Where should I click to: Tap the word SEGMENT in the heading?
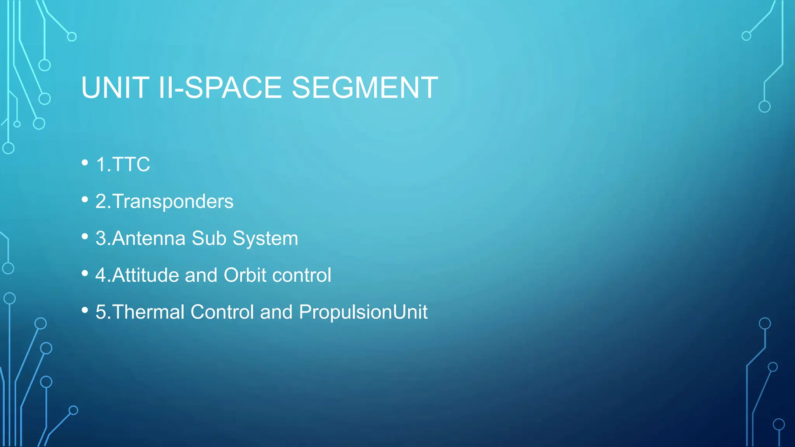point(365,88)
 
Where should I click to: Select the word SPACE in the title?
point(233,88)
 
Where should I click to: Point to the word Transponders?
point(173,201)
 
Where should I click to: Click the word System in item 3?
point(265,238)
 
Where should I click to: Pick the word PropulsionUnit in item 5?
point(363,312)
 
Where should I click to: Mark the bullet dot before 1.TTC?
point(85,163)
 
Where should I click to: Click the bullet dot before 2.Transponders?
point(85,199)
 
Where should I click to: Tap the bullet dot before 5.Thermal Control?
point(85,310)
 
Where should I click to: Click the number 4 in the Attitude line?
point(101,275)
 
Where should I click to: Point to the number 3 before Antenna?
point(101,238)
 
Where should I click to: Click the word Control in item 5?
point(222,312)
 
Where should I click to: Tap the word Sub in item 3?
point(209,238)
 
